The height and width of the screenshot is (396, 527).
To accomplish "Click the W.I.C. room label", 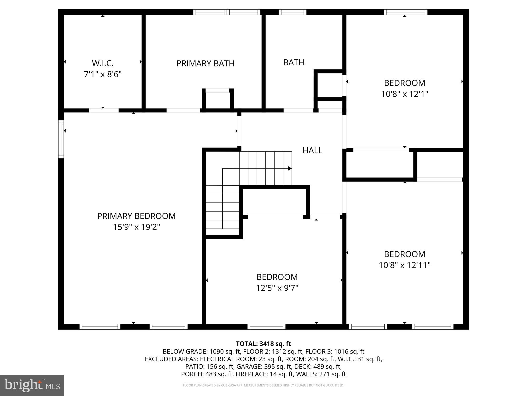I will pyautogui.click(x=103, y=63).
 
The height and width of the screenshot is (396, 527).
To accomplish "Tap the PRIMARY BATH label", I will pyautogui.click(x=205, y=64).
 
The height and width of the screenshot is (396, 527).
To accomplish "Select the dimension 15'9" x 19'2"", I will pyautogui.click(x=136, y=227).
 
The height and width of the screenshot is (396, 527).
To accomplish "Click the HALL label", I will pyautogui.click(x=312, y=150).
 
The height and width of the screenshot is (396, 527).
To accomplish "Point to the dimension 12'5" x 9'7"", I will pyautogui.click(x=277, y=288).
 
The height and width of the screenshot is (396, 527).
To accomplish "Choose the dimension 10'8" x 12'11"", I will pyautogui.click(x=404, y=265).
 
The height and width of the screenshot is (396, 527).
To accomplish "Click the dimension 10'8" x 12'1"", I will pyautogui.click(x=404, y=94).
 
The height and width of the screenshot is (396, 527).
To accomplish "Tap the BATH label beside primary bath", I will pyautogui.click(x=294, y=63).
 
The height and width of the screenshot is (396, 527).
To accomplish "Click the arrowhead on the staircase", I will pyautogui.click(x=289, y=168).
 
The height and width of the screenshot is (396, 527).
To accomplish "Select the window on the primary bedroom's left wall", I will pyautogui.click(x=61, y=139).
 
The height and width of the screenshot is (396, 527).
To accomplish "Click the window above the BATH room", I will pyautogui.click(x=292, y=12).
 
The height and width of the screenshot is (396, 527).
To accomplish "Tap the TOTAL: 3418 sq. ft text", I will pyautogui.click(x=263, y=344).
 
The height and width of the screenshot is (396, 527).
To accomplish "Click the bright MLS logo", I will pyautogui.click(x=32, y=385).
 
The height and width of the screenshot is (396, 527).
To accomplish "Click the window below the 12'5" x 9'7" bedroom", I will pyautogui.click(x=266, y=327).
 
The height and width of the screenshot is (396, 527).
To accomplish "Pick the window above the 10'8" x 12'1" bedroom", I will pyautogui.click(x=405, y=12).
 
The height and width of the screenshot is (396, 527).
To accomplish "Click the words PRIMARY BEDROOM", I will pyautogui.click(x=136, y=216).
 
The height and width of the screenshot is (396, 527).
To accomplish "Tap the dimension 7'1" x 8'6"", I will pyautogui.click(x=103, y=74).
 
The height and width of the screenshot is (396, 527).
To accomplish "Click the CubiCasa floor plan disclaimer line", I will pyautogui.click(x=263, y=385).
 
